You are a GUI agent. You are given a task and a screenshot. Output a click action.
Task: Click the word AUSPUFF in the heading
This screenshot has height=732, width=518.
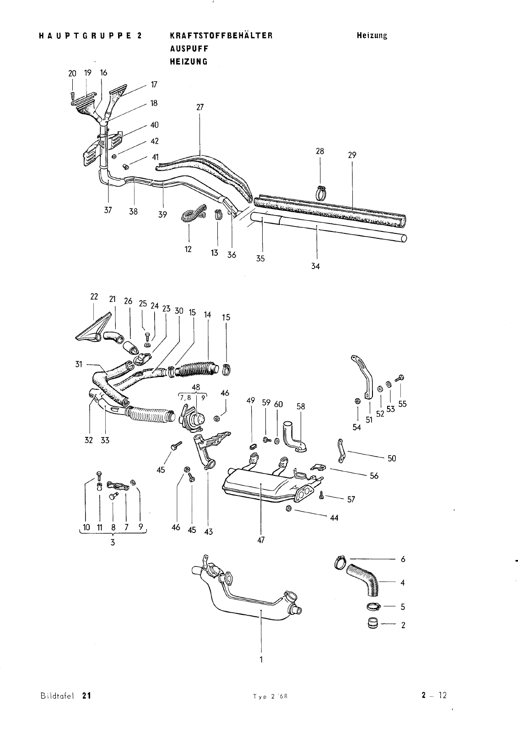pos(189,48)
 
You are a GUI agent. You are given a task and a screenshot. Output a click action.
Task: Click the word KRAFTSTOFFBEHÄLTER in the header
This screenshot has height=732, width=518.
pos(221,35)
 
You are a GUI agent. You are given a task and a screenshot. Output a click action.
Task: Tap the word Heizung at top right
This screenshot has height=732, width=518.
pos(372,35)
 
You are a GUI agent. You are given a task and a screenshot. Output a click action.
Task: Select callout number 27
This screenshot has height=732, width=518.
pos(200,107)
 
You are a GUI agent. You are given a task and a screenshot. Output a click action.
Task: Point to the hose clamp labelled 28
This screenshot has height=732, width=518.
pos(321,193)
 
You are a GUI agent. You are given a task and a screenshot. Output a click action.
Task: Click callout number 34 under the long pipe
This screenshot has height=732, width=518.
pos(315,266)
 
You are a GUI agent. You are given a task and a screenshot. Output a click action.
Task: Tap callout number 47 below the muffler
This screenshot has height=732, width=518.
pos(261,540)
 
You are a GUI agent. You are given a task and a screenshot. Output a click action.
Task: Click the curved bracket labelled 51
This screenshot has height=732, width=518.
pos(364,376)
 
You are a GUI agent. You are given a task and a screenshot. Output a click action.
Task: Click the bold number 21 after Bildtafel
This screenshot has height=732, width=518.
pos(86,705)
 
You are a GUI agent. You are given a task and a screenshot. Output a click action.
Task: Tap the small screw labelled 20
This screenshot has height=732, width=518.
pos(73,96)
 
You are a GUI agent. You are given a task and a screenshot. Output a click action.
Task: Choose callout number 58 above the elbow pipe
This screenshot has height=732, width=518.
pos(301,407)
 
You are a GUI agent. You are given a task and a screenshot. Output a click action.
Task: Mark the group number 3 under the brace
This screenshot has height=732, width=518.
pos(113,543)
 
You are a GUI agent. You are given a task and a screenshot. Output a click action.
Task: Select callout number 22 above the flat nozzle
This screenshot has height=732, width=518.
pos(94,297)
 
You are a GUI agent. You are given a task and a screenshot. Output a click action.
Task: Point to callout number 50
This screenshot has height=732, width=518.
pos(392,458)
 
